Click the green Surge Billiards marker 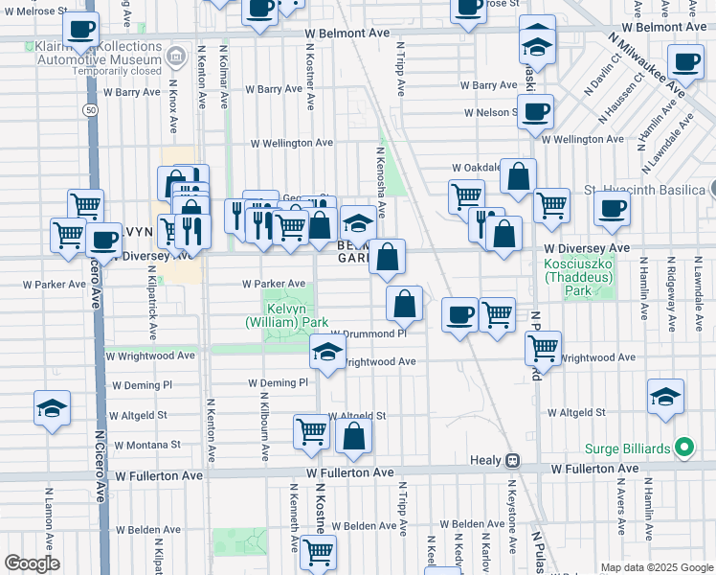pos(683,447)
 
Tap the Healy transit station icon pos(513,461)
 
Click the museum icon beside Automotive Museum pos(175,57)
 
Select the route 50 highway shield pos(89,110)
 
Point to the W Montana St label pos(146,445)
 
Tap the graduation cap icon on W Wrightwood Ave pos(327,352)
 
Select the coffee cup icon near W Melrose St pos(82,29)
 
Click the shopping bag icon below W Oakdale pos(518,175)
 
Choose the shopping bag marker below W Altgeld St pos(354,436)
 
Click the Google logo pos(32,563)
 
